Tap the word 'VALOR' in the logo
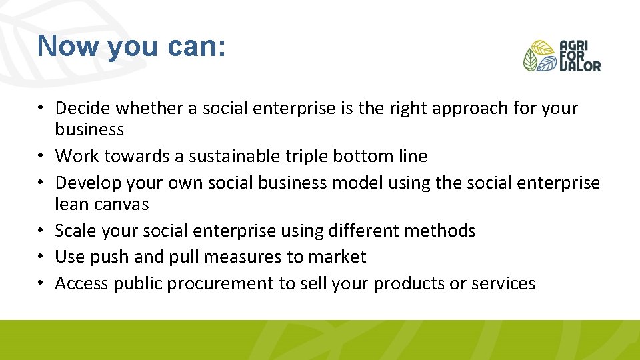580,66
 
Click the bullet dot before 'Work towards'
43,156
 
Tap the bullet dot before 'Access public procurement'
43,283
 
